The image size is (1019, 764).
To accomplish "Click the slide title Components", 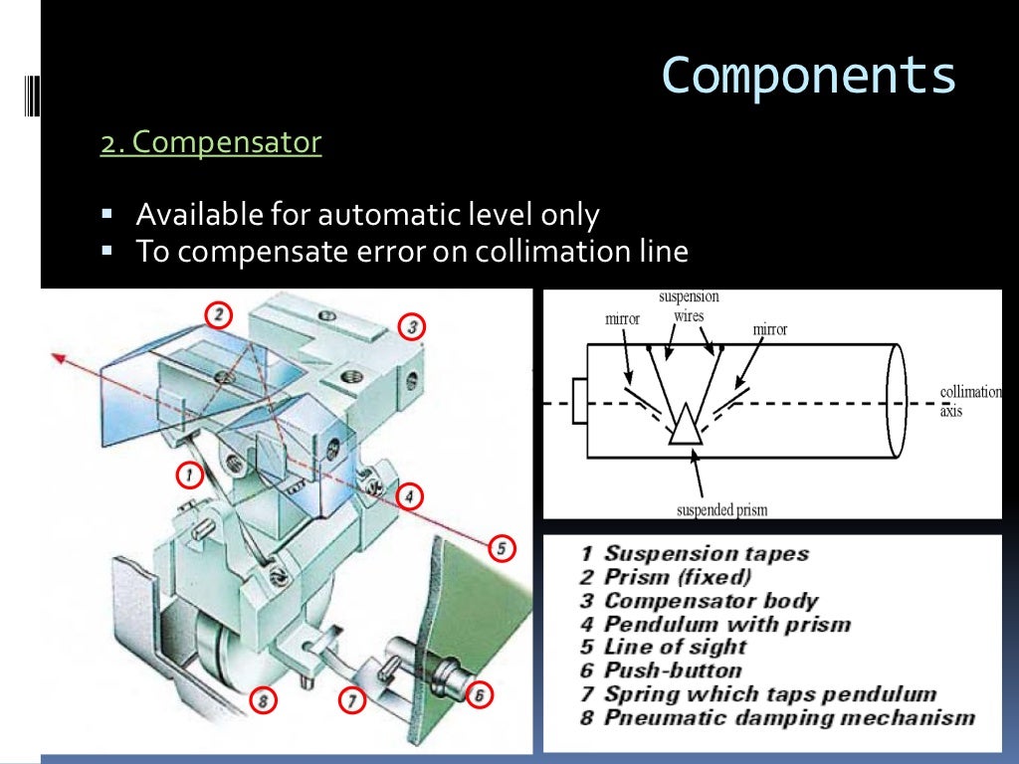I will click(808, 77).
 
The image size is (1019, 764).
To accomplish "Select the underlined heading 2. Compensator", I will click(211, 143).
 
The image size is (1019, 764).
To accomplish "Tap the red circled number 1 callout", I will click(187, 476).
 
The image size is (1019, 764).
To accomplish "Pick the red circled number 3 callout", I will click(411, 325).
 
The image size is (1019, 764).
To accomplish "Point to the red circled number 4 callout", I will click(407, 494).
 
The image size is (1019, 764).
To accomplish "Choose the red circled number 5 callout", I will click(502, 546).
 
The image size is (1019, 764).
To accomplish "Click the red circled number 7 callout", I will click(351, 700).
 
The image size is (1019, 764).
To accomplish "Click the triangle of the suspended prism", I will click(685, 426).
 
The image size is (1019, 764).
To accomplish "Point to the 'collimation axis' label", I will click(970, 400).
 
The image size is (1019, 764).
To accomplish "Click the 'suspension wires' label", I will click(689, 306).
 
